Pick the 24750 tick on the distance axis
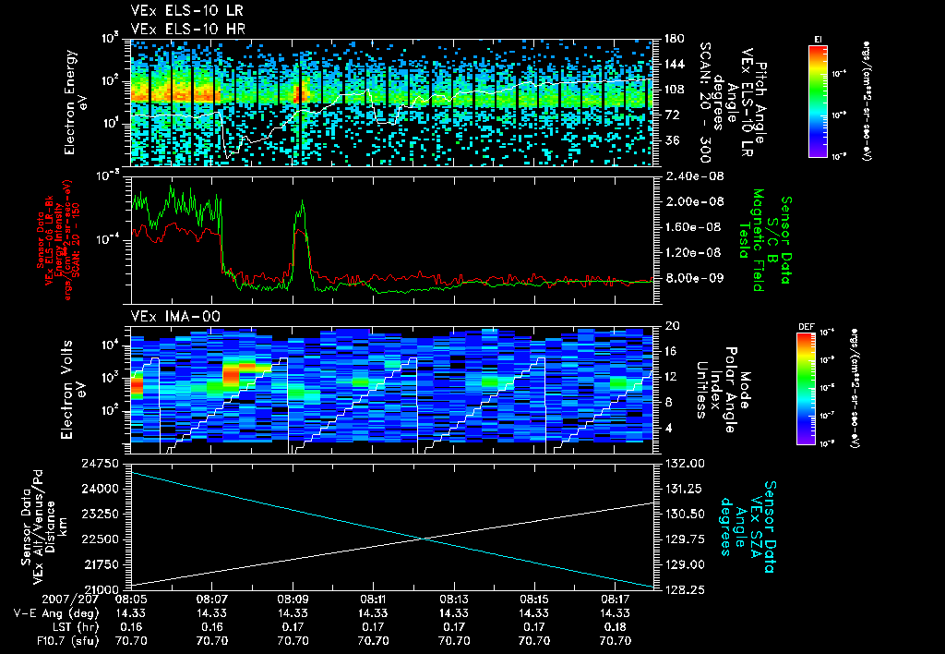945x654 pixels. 104,462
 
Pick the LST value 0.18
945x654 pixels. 614,625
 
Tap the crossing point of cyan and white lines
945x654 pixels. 425,539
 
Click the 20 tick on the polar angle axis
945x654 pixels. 671,326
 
